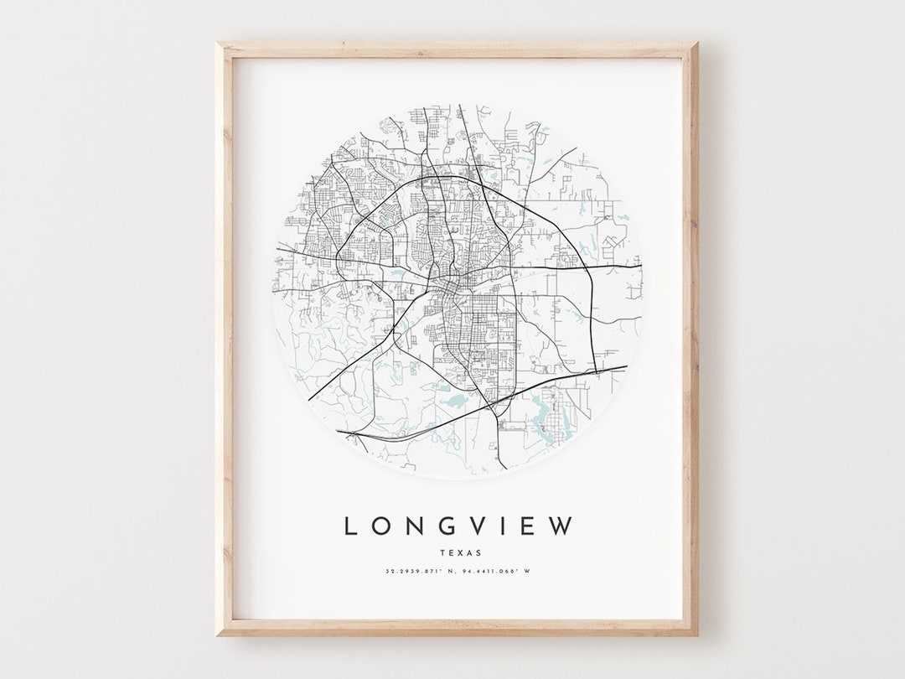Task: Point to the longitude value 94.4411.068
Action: pyautogui.click(x=489, y=572)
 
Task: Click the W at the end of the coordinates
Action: pyautogui.click(x=527, y=572)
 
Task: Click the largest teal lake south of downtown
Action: pyautogui.click(x=455, y=404)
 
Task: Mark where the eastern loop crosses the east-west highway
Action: pyautogui.click(x=587, y=267)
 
